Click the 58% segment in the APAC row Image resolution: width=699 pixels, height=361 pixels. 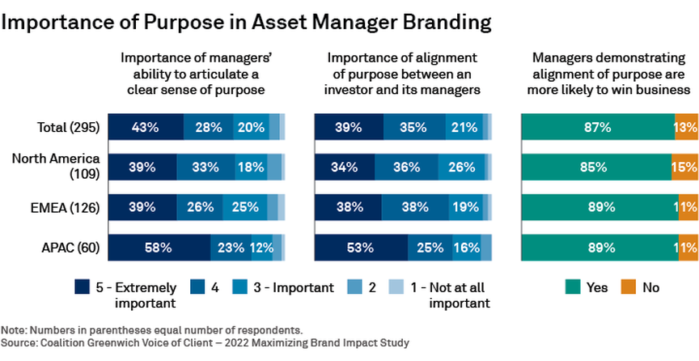[x=159, y=248]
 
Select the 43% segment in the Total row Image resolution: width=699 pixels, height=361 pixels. [x=146, y=126]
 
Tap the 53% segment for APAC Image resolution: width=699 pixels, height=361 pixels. [x=361, y=248]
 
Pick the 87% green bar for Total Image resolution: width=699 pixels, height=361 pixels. [x=598, y=126]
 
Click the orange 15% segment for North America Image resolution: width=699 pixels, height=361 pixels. [x=685, y=167]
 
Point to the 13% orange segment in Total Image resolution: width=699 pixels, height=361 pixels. [x=686, y=126]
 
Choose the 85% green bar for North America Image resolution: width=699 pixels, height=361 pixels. [x=596, y=167]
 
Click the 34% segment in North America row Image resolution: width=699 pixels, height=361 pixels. [x=345, y=167]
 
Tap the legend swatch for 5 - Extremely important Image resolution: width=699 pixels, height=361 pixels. [x=82, y=287]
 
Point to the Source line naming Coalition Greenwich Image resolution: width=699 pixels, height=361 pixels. [x=205, y=342]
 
